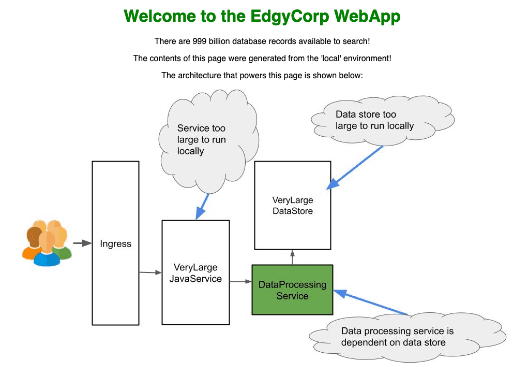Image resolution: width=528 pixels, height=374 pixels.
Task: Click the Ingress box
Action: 115,243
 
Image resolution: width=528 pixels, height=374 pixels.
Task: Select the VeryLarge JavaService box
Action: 195,272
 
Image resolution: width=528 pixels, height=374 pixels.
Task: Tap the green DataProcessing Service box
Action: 292,290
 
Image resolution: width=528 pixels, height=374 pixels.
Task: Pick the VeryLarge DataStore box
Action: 293,205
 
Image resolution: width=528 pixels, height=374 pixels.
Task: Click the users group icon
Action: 47,243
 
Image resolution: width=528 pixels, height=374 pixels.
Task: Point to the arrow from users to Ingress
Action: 82,243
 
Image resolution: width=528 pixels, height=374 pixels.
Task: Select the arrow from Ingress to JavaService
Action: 150,272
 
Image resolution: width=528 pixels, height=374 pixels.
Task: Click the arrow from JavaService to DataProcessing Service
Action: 241,281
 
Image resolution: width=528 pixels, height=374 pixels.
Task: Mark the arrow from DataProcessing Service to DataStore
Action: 292,257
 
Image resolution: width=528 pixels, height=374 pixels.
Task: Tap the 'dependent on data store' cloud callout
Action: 408,337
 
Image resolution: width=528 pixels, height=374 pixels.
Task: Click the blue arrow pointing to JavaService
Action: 202,206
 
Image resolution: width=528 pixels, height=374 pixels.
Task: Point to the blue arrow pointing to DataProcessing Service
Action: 370,303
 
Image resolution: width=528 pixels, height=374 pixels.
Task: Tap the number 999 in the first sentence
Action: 199,41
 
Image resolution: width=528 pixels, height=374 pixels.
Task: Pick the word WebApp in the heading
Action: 367,17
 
